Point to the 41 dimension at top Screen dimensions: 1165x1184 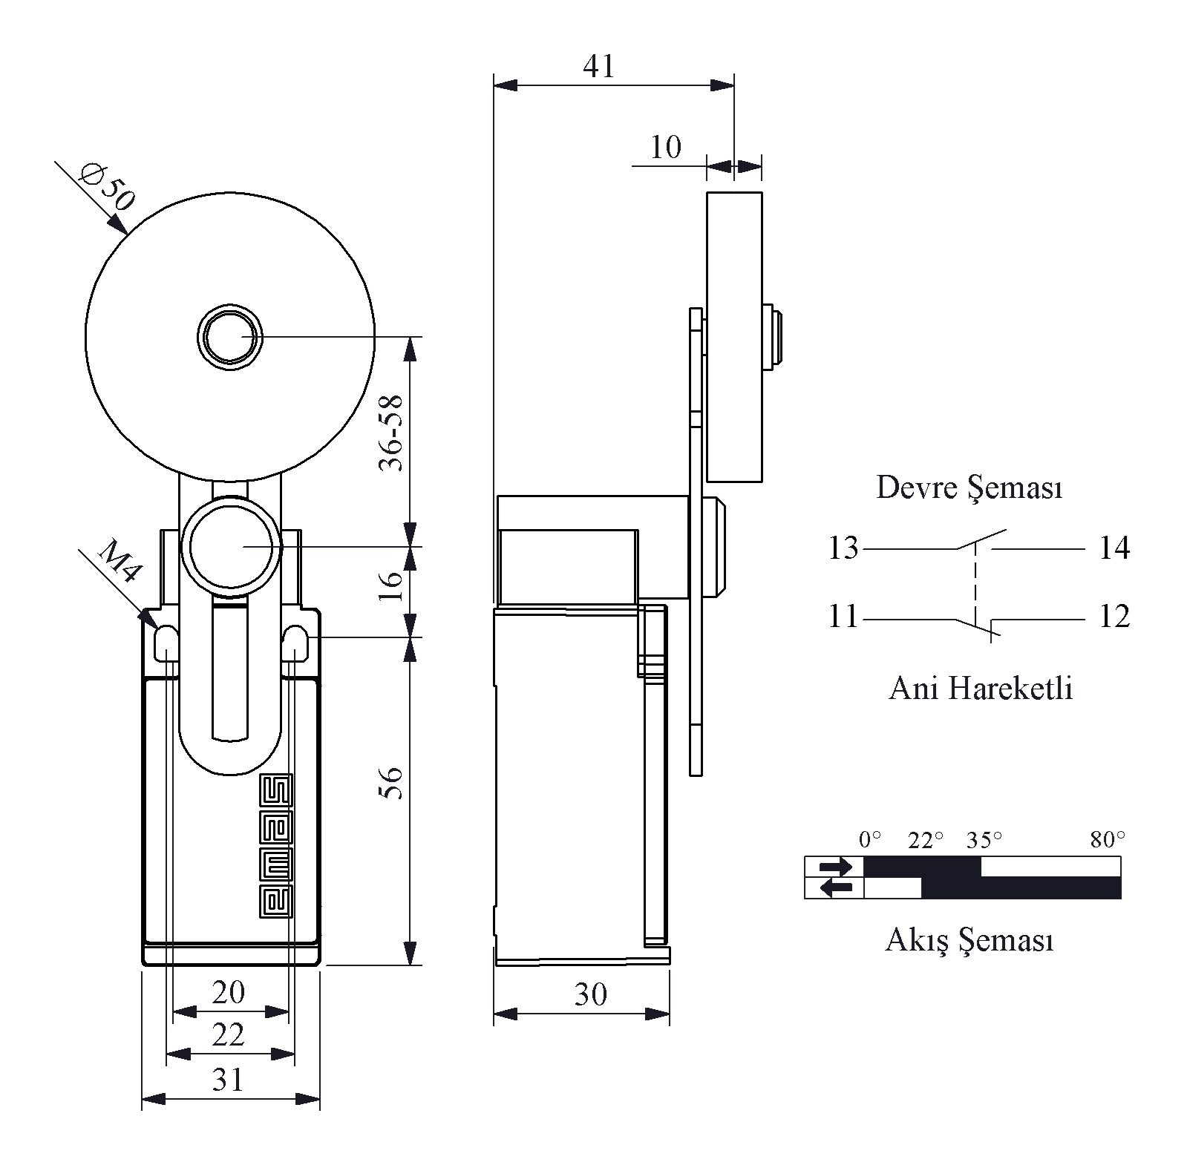[x=599, y=67]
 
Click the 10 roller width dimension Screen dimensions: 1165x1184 [x=665, y=148]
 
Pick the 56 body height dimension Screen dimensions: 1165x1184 [x=390, y=782]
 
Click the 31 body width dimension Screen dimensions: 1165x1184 [x=228, y=1080]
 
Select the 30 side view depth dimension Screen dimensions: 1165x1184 [x=590, y=995]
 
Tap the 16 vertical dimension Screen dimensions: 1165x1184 [x=392, y=585]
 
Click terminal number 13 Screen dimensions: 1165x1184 [x=843, y=548]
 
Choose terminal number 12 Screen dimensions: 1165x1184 [x=1114, y=617]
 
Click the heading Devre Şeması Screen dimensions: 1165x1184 [x=969, y=488]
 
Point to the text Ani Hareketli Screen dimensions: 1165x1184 [x=981, y=689]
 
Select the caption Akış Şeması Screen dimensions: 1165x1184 [x=969, y=940]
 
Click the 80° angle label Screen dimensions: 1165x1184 [x=1108, y=839]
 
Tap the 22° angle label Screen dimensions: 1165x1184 [x=926, y=839]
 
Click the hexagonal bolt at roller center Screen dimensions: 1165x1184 [x=230, y=337]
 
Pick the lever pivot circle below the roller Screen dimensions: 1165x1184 [x=231, y=545]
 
